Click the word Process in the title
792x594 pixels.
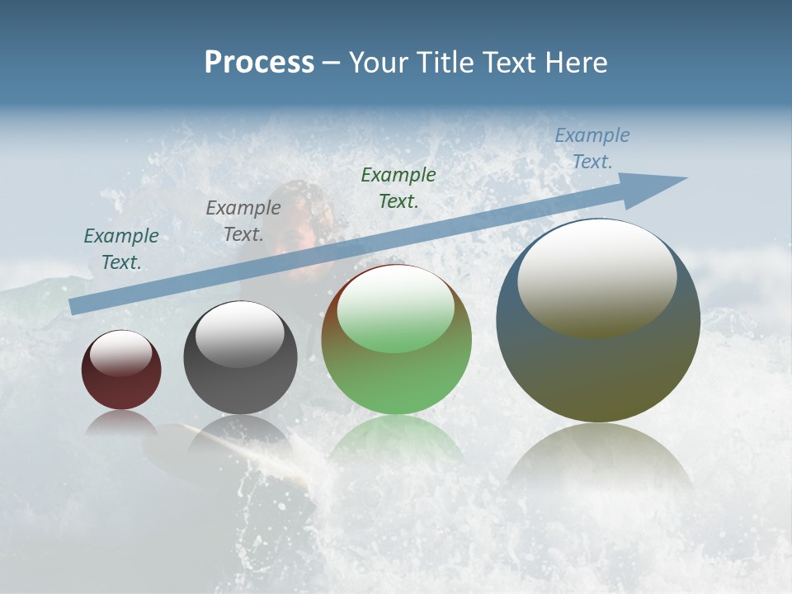(259, 63)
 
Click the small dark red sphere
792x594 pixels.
(121, 370)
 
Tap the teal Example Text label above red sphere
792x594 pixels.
(121, 249)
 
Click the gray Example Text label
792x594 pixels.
(243, 221)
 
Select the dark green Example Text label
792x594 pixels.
(398, 187)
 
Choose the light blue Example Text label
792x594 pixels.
(592, 148)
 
